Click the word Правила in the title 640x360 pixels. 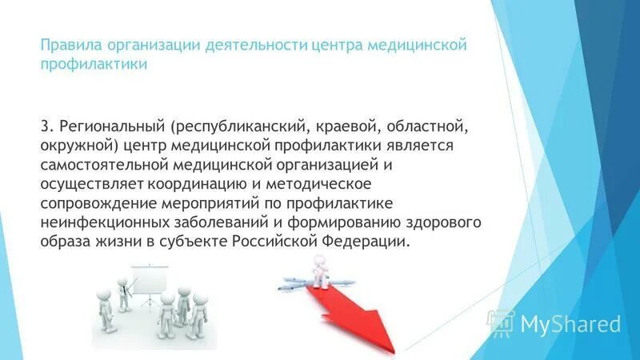tap(66, 46)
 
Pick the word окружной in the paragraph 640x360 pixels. tap(74, 146)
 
